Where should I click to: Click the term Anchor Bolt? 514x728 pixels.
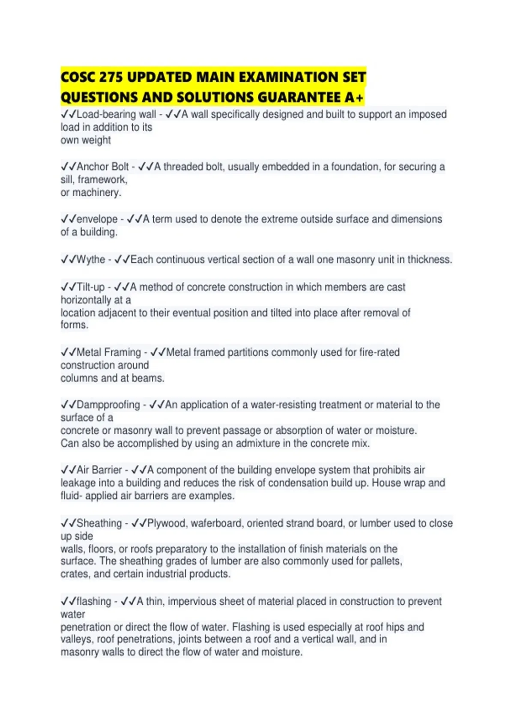point(103,167)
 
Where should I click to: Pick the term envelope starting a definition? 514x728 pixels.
point(97,219)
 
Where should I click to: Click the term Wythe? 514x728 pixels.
point(91,260)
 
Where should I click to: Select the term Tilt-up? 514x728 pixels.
point(91,287)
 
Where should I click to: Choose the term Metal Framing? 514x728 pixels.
point(109,352)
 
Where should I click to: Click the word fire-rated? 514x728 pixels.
point(380,352)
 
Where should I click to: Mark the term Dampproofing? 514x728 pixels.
point(108,405)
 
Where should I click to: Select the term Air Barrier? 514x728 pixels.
point(99,470)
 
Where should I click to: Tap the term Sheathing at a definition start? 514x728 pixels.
point(99,523)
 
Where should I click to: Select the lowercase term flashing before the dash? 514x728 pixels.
point(94,602)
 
